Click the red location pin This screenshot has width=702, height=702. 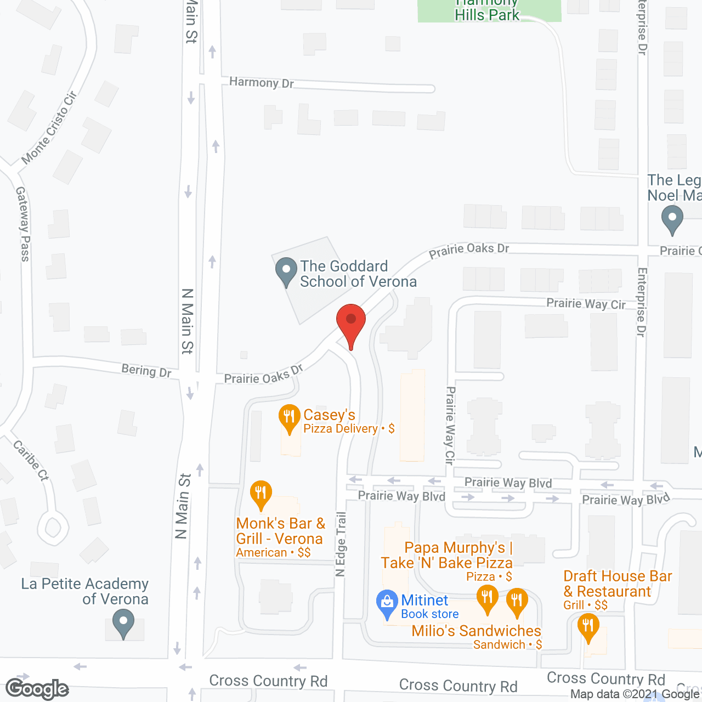pyautogui.click(x=351, y=322)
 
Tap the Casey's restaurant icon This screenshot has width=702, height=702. pyautogui.click(x=289, y=418)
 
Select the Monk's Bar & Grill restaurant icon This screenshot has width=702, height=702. pyautogui.click(x=261, y=494)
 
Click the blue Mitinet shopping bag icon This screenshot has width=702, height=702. pyautogui.click(x=387, y=603)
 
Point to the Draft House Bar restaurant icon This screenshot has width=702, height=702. pyautogui.click(x=588, y=626)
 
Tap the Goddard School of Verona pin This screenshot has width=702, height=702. pyautogui.click(x=286, y=271)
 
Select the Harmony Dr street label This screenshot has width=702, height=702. pyautogui.click(x=262, y=83)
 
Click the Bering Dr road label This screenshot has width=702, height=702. pyautogui.click(x=146, y=371)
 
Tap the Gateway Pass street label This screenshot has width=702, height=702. pyautogui.click(x=23, y=224)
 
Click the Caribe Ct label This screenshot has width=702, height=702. pyautogui.click(x=31, y=460)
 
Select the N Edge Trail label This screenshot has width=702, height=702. pyautogui.click(x=341, y=544)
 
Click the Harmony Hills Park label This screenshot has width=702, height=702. pyautogui.click(x=487, y=11)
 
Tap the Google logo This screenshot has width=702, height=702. pyautogui.click(x=37, y=689)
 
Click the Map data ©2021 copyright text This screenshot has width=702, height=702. pyautogui.click(x=635, y=694)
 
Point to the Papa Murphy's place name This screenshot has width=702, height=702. pyautogui.click(x=457, y=548)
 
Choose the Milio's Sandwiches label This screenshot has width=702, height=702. pyautogui.click(x=476, y=631)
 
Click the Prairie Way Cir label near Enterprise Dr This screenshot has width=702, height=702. pyautogui.click(x=586, y=304)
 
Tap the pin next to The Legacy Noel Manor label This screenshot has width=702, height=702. pyautogui.click(x=672, y=219)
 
